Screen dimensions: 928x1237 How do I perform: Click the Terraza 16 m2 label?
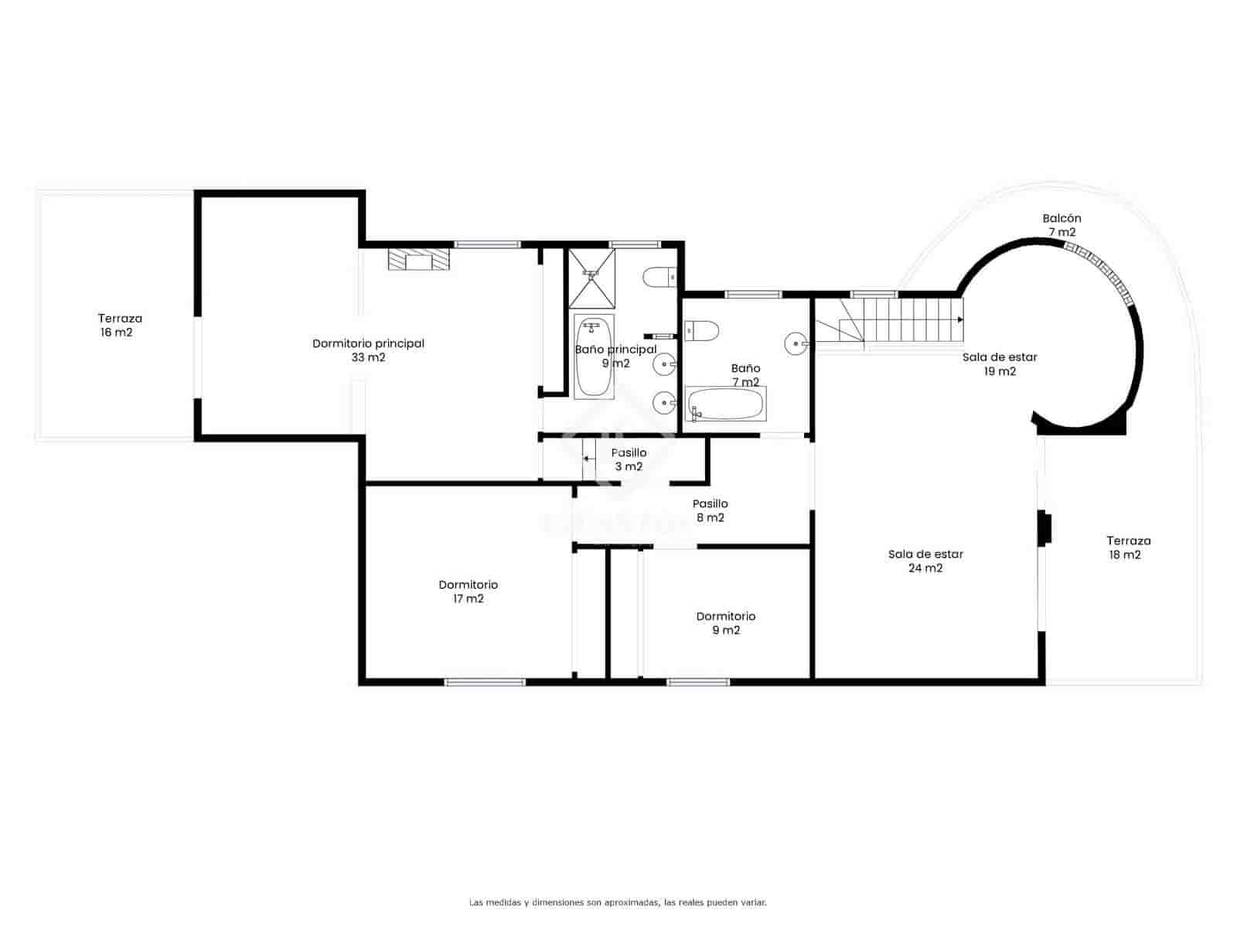[120, 326]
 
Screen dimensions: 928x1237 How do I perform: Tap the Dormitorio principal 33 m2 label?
[368, 350]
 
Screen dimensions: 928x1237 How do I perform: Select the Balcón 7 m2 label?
[1062, 225]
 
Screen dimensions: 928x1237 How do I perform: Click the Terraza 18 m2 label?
[1128, 548]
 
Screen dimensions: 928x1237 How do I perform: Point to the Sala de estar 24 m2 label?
[925, 561]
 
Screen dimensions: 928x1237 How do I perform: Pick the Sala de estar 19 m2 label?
[1000, 364]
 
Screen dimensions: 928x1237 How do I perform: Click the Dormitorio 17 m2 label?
[468, 592]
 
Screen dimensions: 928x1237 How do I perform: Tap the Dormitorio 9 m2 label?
[725, 623]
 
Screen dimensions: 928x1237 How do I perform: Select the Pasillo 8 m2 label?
[710, 511]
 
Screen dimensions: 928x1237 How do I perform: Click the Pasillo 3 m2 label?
[629, 459]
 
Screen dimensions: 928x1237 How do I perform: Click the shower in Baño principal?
[592, 278]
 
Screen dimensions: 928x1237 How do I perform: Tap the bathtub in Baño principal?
[594, 357]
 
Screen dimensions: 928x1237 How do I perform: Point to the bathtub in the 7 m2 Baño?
[725, 404]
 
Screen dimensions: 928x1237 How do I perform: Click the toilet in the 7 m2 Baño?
[702, 331]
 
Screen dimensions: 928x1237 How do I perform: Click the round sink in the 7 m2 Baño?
[796, 343]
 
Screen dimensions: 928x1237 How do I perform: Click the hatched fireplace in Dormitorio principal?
[419, 259]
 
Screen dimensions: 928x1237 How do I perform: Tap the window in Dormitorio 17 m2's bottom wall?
[485, 682]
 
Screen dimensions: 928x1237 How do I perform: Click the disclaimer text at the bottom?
[618, 902]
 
